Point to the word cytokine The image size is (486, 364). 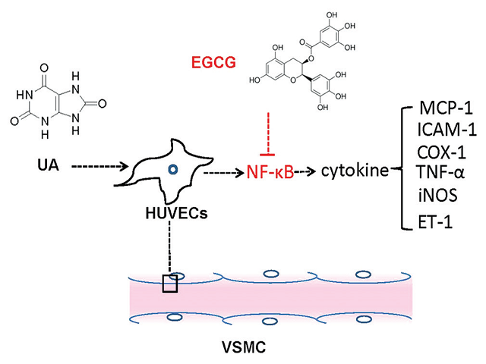(353, 172)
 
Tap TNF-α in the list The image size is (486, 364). (443, 174)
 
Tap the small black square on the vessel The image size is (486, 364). (169, 284)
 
